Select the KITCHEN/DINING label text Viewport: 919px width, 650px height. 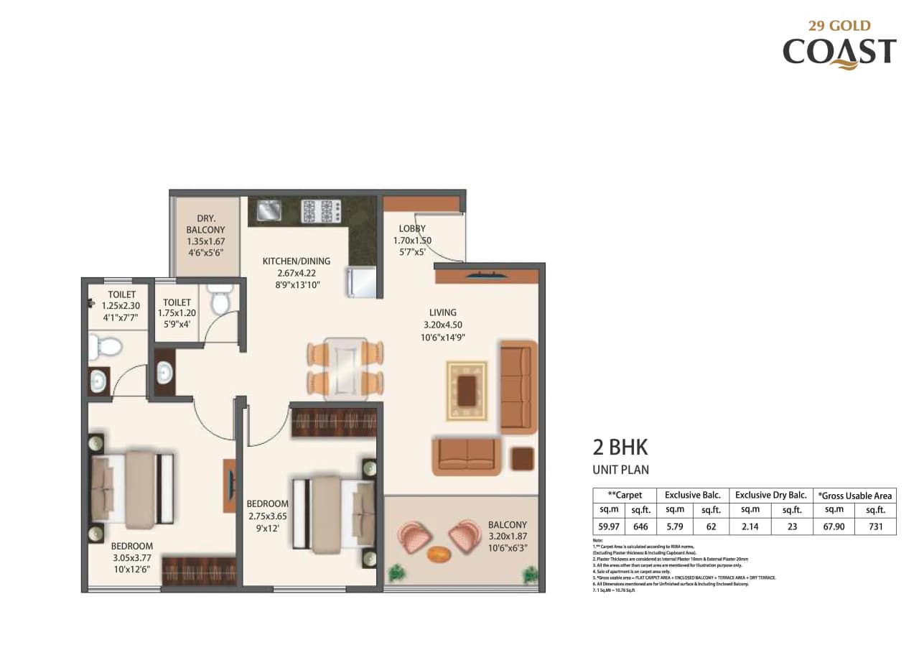pos(296,261)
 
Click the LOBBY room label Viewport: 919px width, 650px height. pos(412,229)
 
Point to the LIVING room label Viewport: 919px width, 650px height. pos(443,312)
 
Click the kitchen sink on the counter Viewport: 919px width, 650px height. pos(268,210)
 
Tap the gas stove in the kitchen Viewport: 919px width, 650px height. pos(321,211)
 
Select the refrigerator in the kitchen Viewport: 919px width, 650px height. pos(361,282)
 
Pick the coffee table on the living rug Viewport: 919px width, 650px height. pos(467,391)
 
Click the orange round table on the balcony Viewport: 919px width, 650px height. pos(437,554)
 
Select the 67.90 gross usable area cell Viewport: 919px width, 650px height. pos(834,526)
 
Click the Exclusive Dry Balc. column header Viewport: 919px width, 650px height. pos(770,495)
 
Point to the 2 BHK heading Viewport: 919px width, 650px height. pos(620,447)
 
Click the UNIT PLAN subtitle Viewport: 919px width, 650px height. pos(620,470)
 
